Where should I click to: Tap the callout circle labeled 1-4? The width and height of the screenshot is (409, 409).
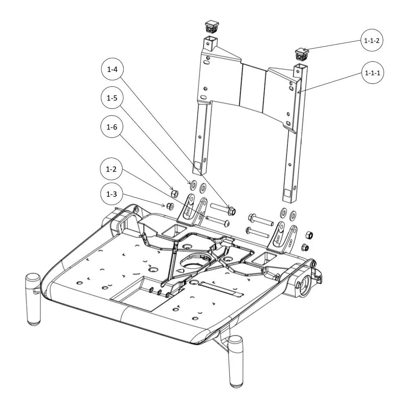[x=112, y=70]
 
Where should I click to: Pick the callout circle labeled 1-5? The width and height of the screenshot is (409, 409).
[x=112, y=98]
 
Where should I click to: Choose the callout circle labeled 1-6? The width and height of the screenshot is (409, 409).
[x=112, y=127]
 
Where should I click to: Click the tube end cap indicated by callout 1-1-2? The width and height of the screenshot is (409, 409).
[x=301, y=53]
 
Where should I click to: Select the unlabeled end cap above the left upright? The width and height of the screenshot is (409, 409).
[x=212, y=27]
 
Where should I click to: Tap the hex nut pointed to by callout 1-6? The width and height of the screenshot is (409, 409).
[x=173, y=193]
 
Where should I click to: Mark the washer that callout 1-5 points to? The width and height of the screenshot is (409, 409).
[x=194, y=183]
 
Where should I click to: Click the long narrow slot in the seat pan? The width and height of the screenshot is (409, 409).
[x=220, y=288]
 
